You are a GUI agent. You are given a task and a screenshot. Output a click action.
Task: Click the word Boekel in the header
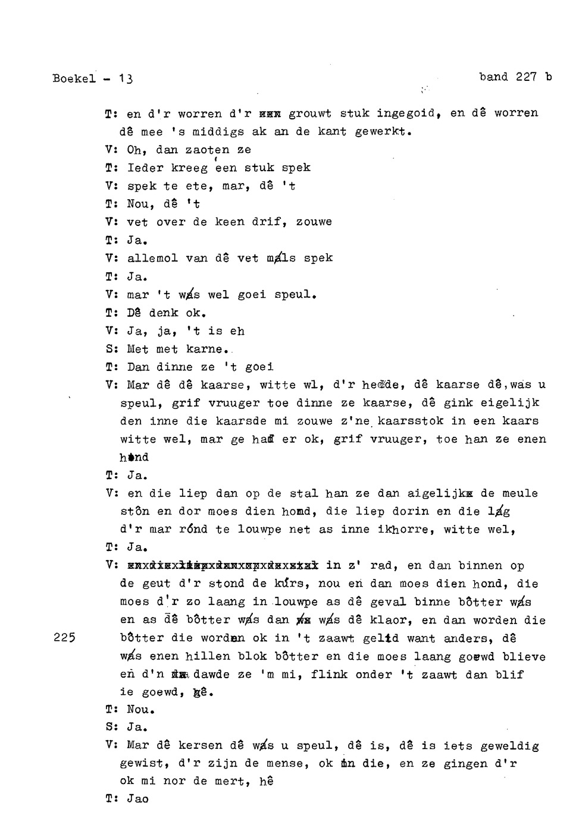tap(74, 78)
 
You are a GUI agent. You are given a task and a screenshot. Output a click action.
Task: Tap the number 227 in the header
tap(526, 77)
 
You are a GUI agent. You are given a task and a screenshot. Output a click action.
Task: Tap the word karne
tap(206, 349)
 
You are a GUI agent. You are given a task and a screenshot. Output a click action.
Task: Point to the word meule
tap(519, 493)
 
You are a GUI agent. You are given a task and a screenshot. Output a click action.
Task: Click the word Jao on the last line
tap(138, 799)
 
